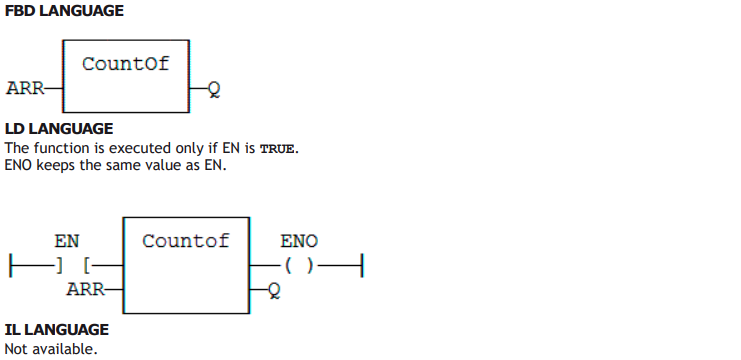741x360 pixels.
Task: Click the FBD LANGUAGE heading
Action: [x=64, y=11]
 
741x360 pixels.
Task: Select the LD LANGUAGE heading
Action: [x=59, y=129]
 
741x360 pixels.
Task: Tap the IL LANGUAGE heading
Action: [x=57, y=329]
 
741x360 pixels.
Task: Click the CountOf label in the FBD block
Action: [x=126, y=64]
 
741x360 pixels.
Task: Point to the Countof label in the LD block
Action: [x=186, y=241]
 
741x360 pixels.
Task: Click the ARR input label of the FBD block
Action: [x=25, y=88]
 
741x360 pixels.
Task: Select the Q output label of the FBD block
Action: [x=214, y=89]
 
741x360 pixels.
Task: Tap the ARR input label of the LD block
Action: [x=86, y=289]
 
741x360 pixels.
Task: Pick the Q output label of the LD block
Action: [x=274, y=290]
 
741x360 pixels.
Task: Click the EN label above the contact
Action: [x=67, y=241]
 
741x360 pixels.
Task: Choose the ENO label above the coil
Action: [x=299, y=241]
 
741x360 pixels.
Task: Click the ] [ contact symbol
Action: [x=73, y=266]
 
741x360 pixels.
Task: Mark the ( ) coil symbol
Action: [x=299, y=266]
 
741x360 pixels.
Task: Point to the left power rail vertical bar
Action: [x=10, y=266]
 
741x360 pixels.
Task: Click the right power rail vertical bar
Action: [x=362, y=266]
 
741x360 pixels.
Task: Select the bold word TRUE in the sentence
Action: [x=277, y=149]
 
